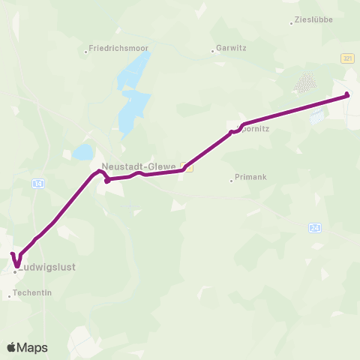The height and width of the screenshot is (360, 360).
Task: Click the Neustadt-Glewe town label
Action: pos(139,166)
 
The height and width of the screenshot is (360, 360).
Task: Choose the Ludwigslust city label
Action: pos(47,266)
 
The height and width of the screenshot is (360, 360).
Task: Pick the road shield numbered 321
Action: pos(346,58)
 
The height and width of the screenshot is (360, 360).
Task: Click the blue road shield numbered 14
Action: pos(37,183)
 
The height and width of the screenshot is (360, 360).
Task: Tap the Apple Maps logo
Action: pos(27,347)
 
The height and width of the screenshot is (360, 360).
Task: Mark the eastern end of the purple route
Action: pos(347,94)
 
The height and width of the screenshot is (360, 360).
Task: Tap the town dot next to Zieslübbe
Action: pos(292,23)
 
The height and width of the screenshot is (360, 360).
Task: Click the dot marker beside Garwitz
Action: pos(213,52)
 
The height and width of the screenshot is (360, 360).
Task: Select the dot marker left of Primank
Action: pos(231,180)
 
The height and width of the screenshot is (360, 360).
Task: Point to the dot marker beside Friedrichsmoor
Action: pos(87,51)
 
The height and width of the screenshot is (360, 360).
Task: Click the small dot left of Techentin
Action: pos(10,297)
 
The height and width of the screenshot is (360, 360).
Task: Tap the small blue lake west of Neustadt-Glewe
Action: pos(82,153)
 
